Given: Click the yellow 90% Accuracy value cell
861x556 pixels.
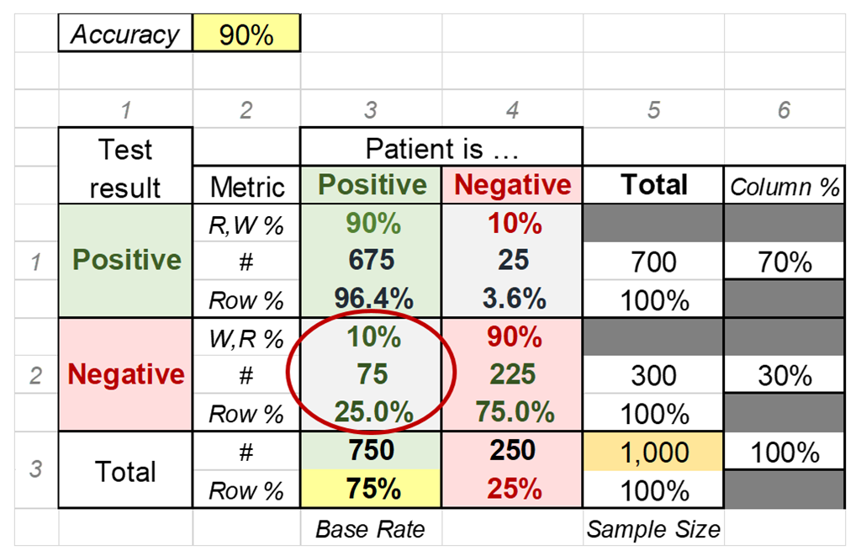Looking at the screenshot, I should click(246, 35).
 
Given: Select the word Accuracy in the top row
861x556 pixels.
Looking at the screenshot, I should click(125, 35).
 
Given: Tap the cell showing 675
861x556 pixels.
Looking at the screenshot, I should click(371, 261).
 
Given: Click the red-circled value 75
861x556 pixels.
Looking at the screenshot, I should click(371, 374).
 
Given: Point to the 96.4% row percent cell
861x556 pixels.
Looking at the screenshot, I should click(371, 299).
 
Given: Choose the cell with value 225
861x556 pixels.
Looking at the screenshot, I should click(512, 374).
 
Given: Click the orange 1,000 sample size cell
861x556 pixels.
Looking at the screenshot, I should click(653, 453).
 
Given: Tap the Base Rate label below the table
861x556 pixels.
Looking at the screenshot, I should click(371, 529).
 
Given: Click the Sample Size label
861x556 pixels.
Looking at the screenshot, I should click(653, 529).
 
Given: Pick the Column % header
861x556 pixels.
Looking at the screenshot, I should click(784, 187).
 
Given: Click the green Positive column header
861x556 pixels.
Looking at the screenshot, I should click(371, 186).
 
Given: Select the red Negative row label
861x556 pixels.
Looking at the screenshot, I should click(126, 374).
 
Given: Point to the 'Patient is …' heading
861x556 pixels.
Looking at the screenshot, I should click(441, 149).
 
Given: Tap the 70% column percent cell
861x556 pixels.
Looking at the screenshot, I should click(784, 262).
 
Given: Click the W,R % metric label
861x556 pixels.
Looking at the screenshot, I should click(246, 338).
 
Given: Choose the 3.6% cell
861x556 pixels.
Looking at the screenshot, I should click(512, 299).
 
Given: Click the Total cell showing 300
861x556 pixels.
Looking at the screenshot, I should click(653, 375).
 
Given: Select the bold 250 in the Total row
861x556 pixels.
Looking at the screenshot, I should click(512, 451).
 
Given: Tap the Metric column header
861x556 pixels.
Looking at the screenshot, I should click(247, 187).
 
